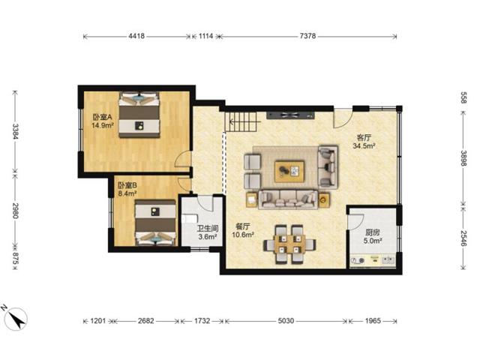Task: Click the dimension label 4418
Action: (x=136, y=36)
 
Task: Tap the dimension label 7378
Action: (x=307, y=36)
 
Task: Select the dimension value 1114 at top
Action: (x=205, y=36)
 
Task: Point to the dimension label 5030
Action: (x=286, y=321)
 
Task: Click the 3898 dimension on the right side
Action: (x=463, y=158)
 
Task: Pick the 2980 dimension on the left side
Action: (x=16, y=211)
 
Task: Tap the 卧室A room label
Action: (x=103, y=117)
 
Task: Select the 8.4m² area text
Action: (x=127, y=193)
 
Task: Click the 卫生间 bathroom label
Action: (x=208, y=228)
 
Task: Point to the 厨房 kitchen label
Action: (x=373, y=232)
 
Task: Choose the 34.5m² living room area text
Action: (x=364, y=145)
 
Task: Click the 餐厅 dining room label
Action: (x=243, y=226)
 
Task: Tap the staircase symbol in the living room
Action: (x=243, y=121)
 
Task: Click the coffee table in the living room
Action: (x=289, y=172)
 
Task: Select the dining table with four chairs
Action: (x=289, y=244)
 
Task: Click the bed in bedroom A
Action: (x=139, y=115)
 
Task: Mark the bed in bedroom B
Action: (x=155, y=223)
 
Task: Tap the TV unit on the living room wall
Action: (x=290, y=115)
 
